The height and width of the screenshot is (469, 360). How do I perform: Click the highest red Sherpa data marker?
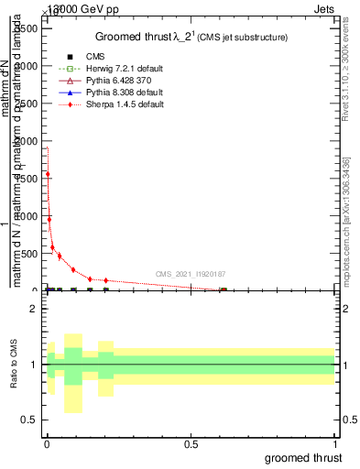click(x=48, y=174)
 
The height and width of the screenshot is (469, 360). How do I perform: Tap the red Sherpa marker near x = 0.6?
click(x=223, y=290)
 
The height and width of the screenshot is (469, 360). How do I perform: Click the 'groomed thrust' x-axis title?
click(x=304, y=457)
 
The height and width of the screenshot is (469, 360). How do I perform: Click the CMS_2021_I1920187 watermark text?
click(x=191, y=274)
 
